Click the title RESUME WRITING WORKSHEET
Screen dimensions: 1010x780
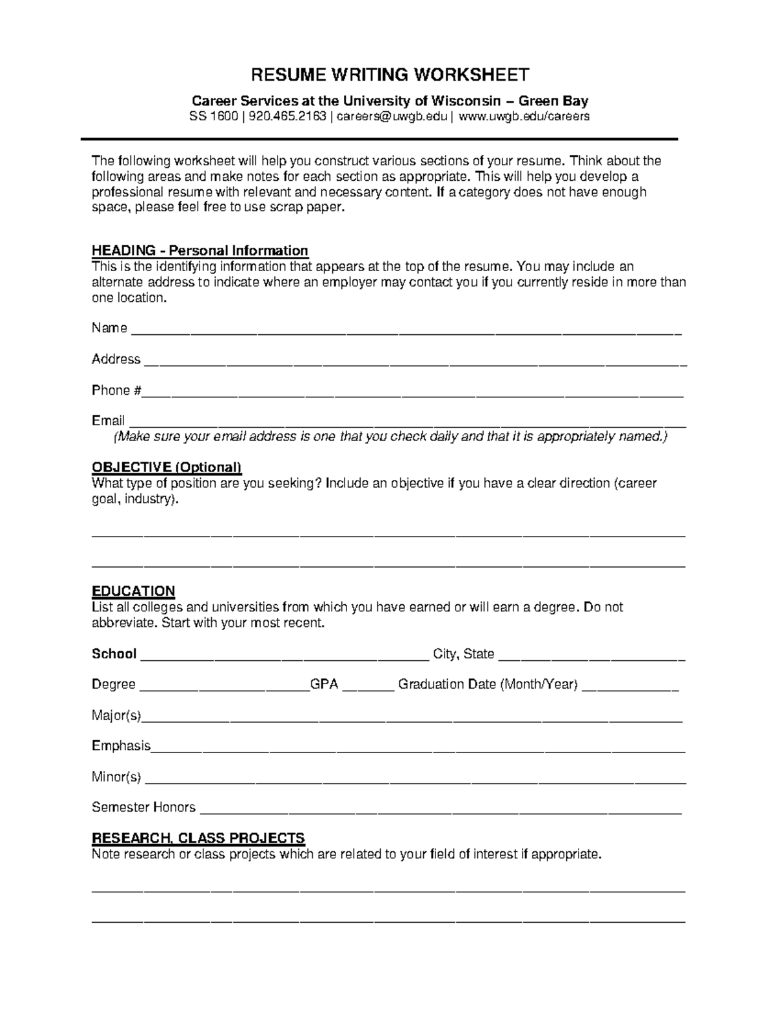(390, 75)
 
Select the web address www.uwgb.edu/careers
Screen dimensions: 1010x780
(524, 117)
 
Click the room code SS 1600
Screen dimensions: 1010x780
(214, 117)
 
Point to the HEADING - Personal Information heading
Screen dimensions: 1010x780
(200, 251)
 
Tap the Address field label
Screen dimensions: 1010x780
(116, 360)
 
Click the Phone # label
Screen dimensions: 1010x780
(116, 391)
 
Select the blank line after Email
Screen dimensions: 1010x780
(406, 425)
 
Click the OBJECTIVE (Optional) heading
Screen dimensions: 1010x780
(166, 468)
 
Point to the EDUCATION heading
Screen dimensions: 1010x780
(133, 591)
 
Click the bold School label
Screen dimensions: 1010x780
(114, 654)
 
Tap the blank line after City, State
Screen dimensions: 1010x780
(591, 658)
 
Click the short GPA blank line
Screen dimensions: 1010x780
(368, 689)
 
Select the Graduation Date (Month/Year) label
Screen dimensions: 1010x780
(487, 685)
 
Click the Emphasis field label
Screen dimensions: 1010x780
(121, 746)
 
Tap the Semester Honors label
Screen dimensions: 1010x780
(143, 808)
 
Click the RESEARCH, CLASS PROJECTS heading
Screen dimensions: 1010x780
(198, 838)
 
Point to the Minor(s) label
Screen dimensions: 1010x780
(116, 777)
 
